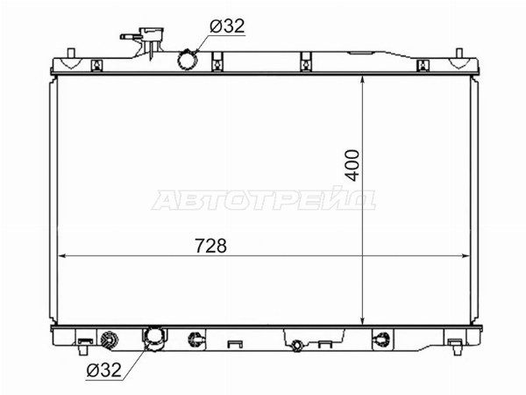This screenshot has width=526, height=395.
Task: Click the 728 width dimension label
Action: tap(211, 246)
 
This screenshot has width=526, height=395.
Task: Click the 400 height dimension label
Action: tap(352, 165)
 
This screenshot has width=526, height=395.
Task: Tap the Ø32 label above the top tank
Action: tap(227, 25)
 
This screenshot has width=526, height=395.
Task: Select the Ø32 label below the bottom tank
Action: tap(103, 370)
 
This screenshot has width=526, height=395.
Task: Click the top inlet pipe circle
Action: tap(186, 60)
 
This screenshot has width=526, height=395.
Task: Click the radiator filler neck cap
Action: tap(153, 33)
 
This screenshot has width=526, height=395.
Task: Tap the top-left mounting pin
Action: tap(71, 53)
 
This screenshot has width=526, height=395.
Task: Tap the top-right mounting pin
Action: tap(459, 53)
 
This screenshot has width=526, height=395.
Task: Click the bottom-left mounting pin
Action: tap(83, 349)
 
